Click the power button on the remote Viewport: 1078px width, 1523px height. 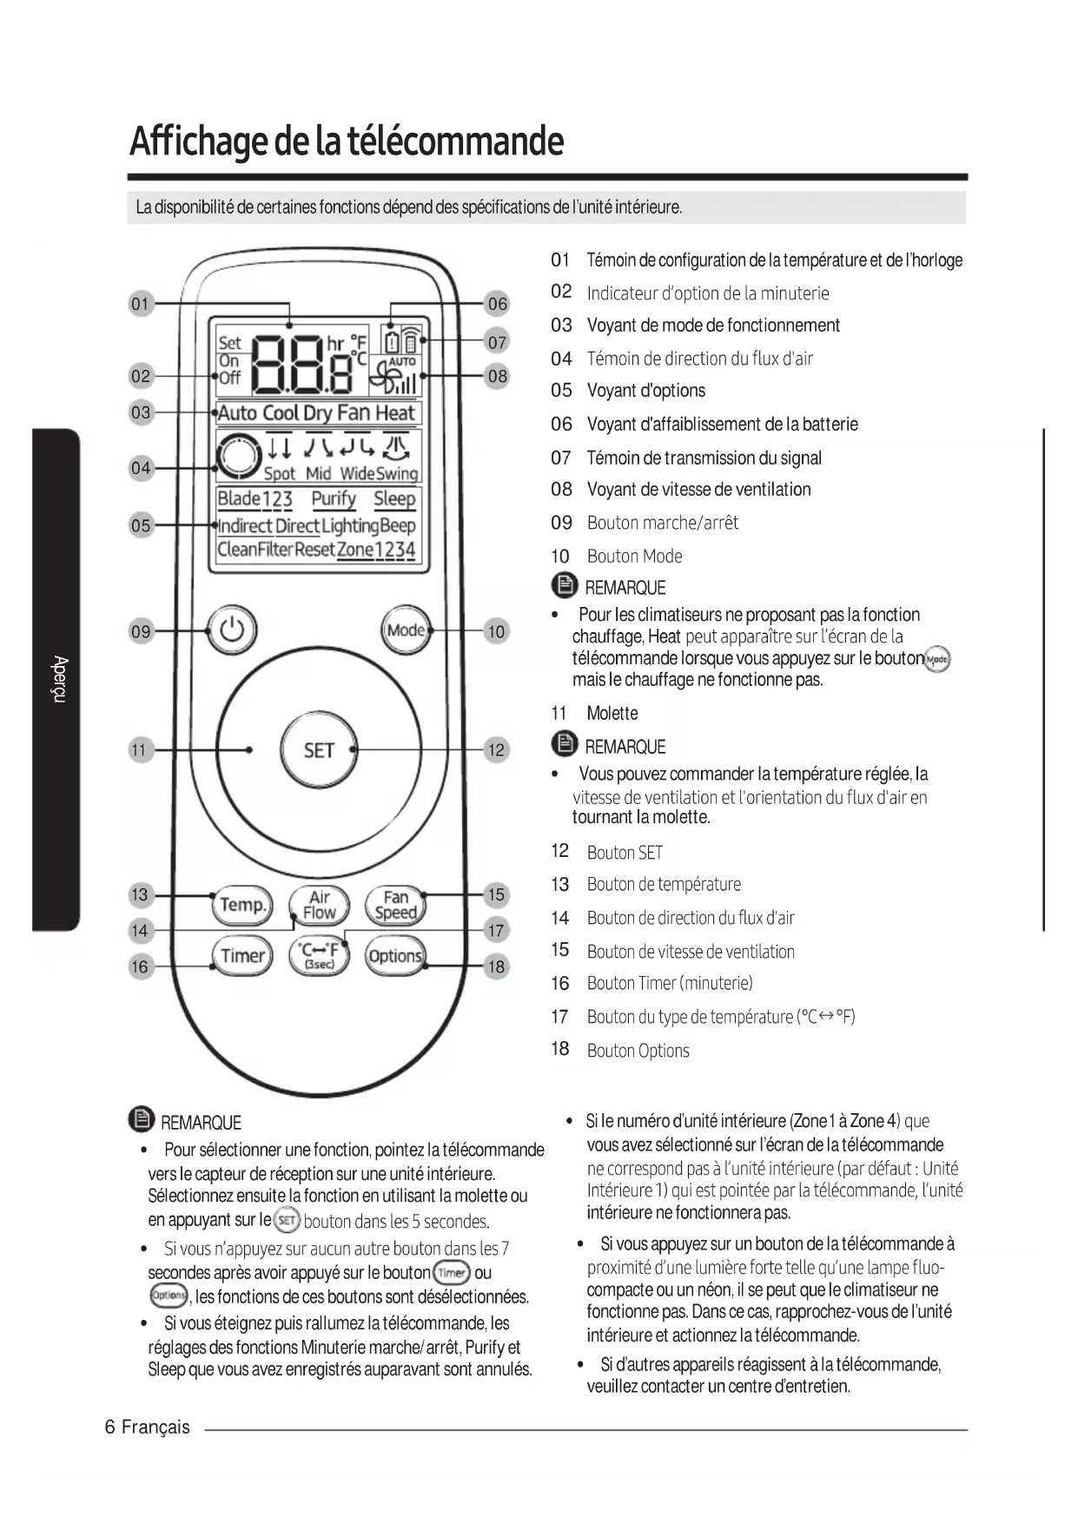(232, 630)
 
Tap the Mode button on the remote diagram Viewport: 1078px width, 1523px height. (406, 630)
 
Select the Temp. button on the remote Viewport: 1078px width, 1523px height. (241, 905)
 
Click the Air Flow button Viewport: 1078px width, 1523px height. (319, 905)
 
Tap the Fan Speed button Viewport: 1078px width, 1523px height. (395, 905)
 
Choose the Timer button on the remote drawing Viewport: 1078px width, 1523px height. (241, 956)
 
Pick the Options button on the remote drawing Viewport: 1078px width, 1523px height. (395, 956)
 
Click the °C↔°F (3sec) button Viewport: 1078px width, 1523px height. (319, 956)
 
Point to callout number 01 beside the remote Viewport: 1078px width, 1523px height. (140, 304)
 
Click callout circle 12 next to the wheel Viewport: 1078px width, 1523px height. (496, 749)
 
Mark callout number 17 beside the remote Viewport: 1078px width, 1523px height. (496, 931)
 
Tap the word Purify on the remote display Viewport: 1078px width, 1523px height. (334, 498)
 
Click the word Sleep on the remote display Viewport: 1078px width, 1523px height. (394, 498)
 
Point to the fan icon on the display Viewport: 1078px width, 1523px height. (385, 379)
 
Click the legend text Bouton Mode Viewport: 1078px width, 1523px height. (634, 556)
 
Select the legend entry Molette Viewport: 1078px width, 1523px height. (612, 713)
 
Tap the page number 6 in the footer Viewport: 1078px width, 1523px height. (109, 1427)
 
